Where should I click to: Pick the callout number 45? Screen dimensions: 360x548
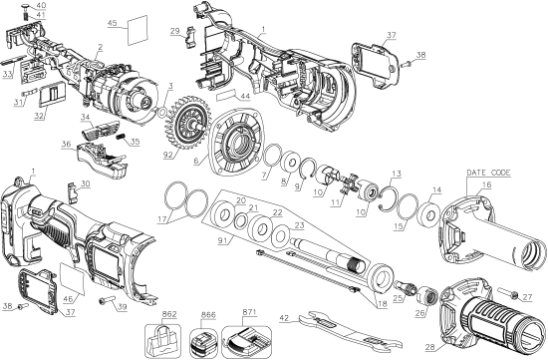[112, 22]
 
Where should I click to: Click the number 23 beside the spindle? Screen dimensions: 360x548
[298, 226]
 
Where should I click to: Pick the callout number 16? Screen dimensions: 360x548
[485, 184]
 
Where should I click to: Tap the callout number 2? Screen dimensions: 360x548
[101, 47]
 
